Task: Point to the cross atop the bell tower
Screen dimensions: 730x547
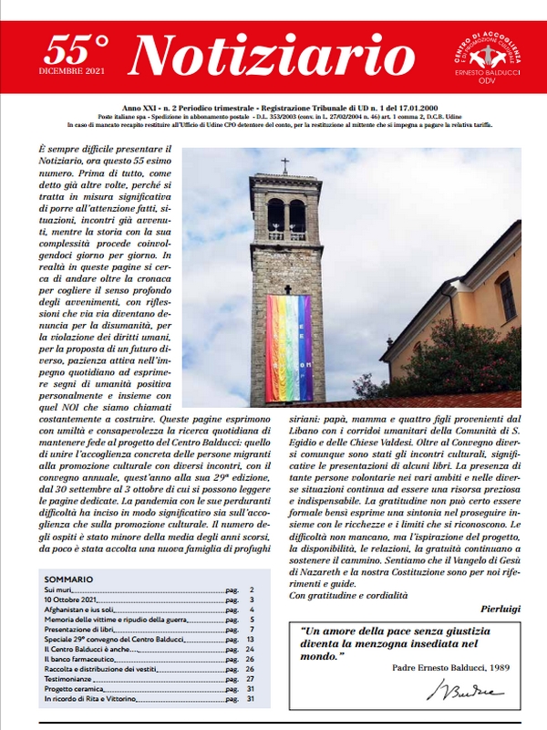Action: point(284,165)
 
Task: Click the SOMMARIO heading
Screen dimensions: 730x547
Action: point(67,579)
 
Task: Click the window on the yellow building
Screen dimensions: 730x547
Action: point(506,297)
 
